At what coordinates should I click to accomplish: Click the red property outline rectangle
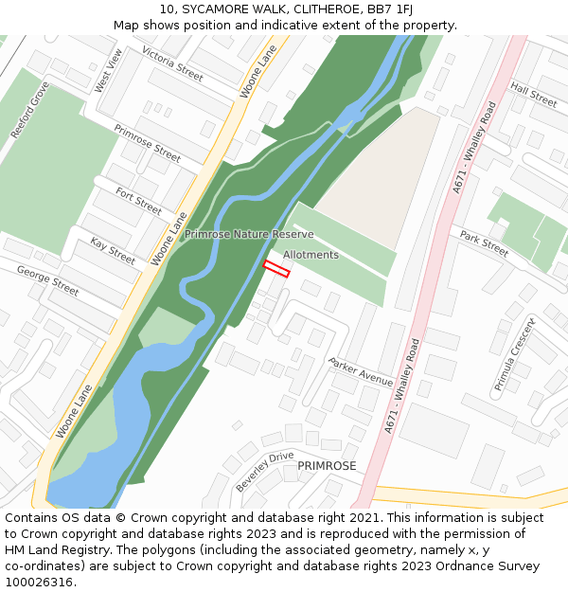(x=275, y=268)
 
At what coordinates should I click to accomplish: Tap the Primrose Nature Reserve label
(x=249, y=234)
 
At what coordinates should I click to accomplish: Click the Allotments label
(x=311, y=255)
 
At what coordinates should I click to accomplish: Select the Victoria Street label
(x=172, y=63)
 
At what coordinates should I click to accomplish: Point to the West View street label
(x=108, y=71)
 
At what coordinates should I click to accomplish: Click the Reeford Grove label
(x=29, y=111)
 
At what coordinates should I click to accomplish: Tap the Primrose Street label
(x=147, y=142)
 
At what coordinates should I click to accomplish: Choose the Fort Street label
(x=138, y=201)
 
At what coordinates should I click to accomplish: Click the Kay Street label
(x=113, y=251)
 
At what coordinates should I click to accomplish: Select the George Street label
(x=47, y=280)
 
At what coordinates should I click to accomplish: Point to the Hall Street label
(x=534, y=94)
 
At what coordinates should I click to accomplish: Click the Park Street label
(x=484, y=242)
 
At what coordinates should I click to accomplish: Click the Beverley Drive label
(x=264, y=471)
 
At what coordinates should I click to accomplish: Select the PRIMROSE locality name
(x=327, y=466)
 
